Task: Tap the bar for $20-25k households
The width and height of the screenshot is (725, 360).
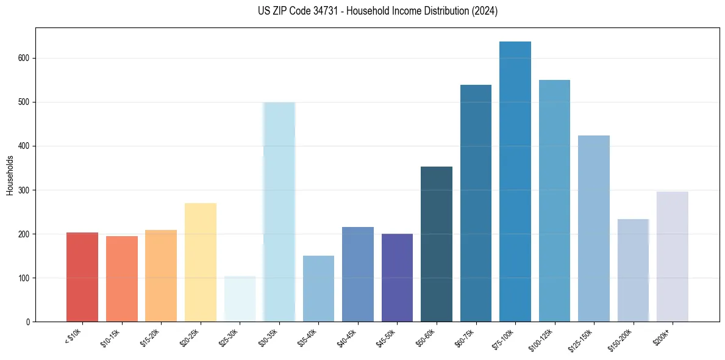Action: click(x=201, y=262)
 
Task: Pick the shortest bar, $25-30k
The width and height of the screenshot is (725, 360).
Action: click(x=240, y=299)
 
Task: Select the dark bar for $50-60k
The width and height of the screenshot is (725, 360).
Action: click(x=437, y=244)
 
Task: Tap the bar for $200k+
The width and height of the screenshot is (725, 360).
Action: click(x=673, y=256)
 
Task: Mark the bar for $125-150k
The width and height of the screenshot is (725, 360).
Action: click(x=594, y=229)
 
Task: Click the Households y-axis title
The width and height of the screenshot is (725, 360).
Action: click(x=10, y=175)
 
